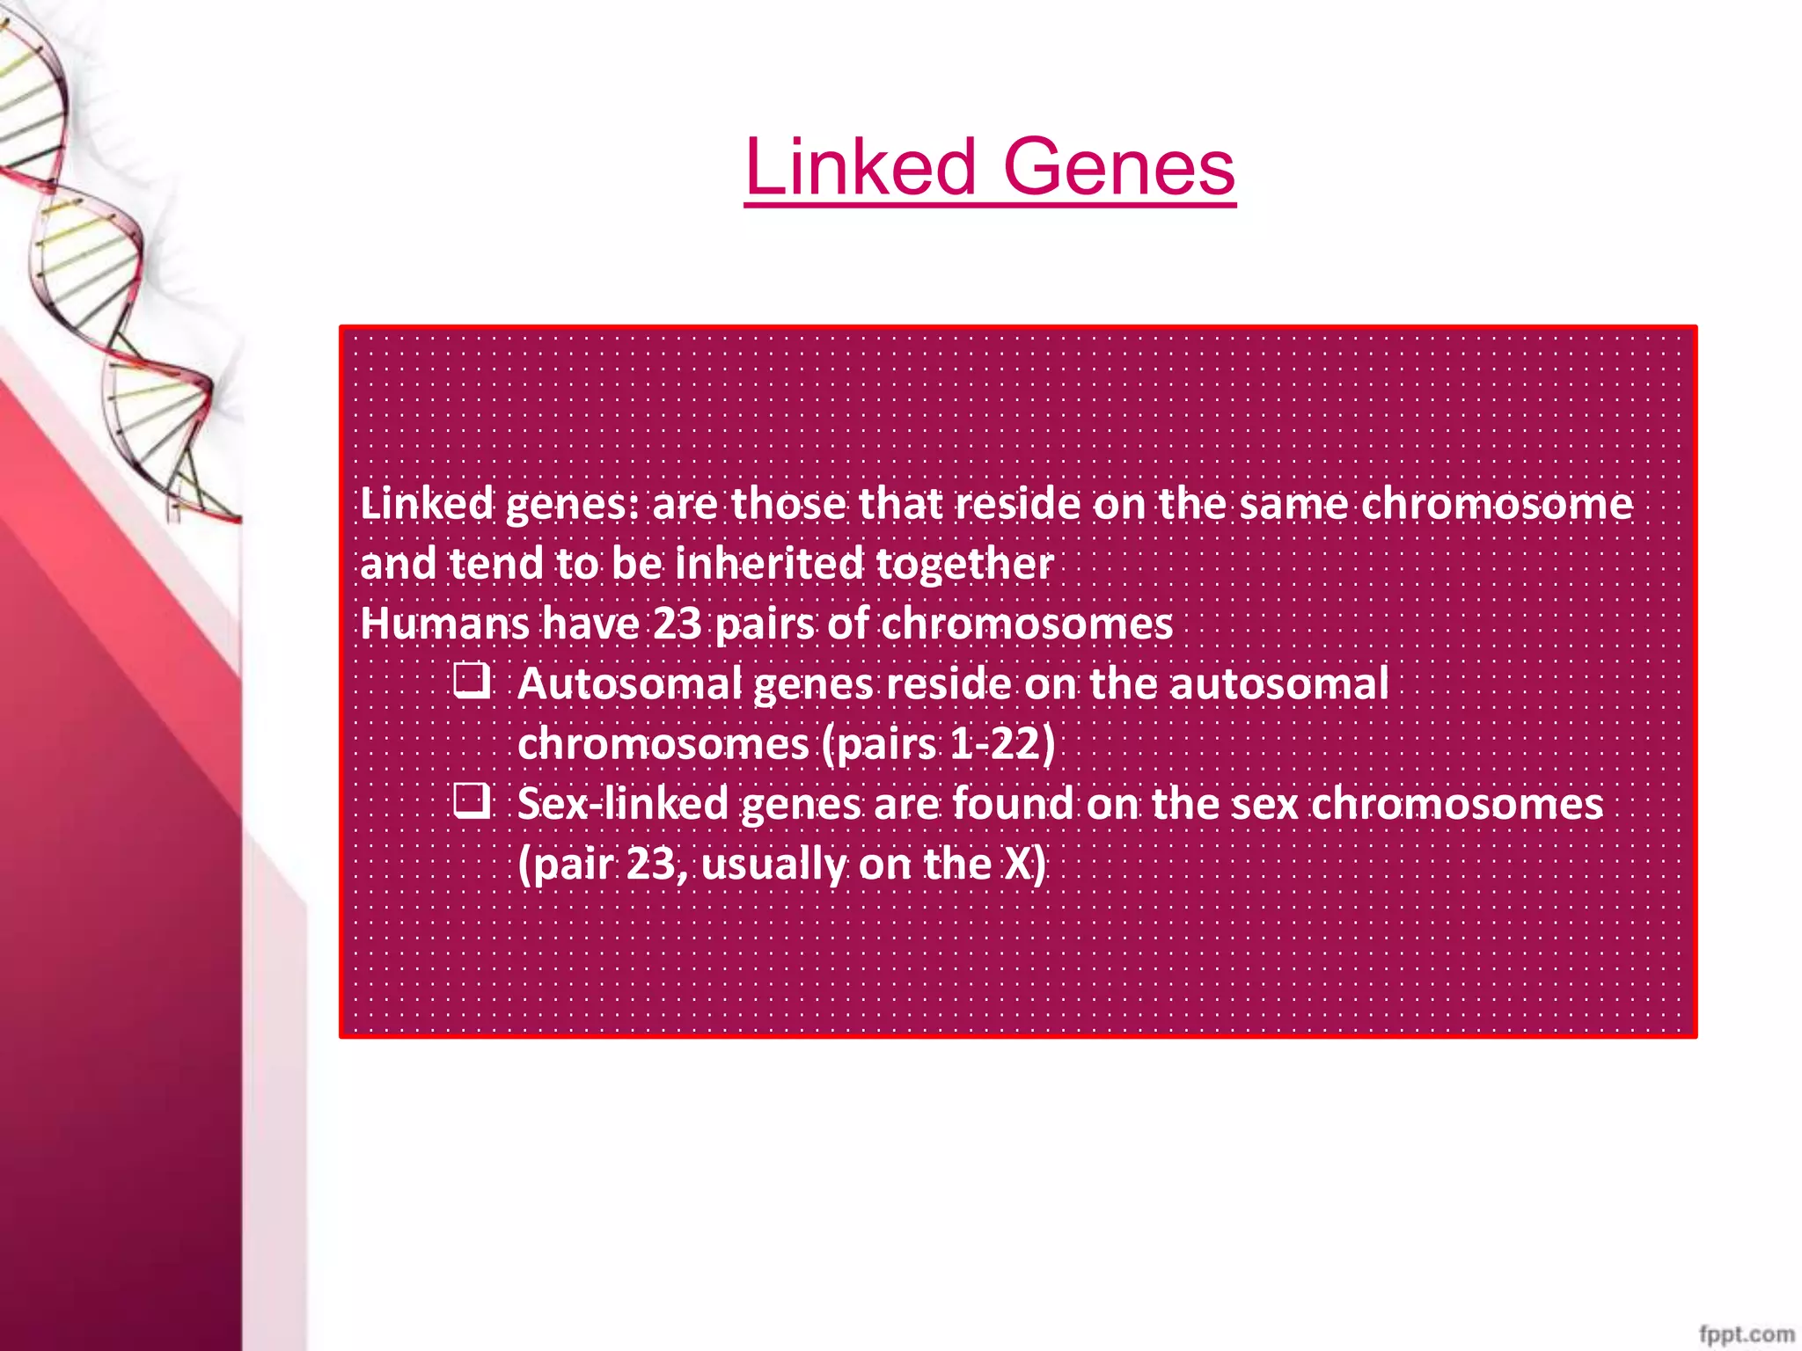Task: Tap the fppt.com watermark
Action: click(x=1747, y=1333)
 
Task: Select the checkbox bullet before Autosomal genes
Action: click(x=472, y=682)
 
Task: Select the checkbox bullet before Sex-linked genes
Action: click(x=472, y=801)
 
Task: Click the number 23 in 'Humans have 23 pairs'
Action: click(x=677, y=624)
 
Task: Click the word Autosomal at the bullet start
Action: click(x=629, y=683)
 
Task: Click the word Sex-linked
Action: click(x=623, y=803)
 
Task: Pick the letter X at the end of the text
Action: click(x=1018, y=864)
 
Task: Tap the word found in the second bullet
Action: click(x=1013, y=803)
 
